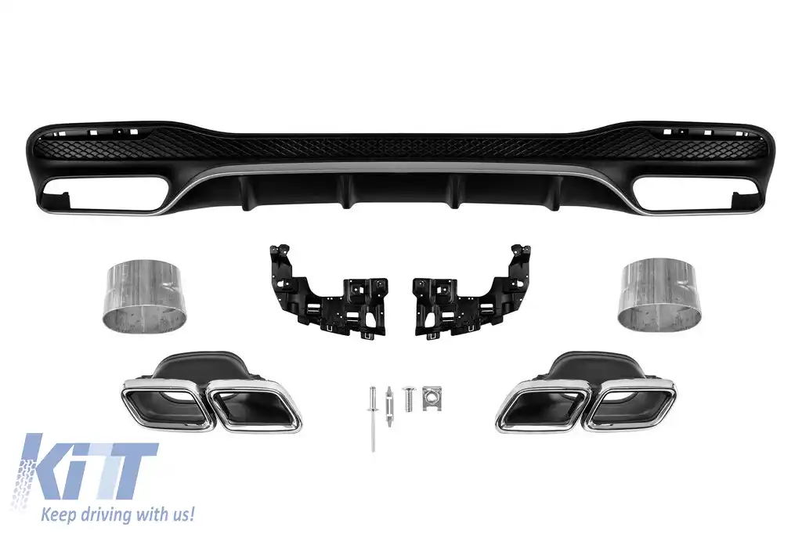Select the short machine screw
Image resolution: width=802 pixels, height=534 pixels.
(x=407, y=399)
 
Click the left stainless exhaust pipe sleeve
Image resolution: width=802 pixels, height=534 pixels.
(x=146, y=295)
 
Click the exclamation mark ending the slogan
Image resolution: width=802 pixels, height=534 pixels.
(x=191, y=514)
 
